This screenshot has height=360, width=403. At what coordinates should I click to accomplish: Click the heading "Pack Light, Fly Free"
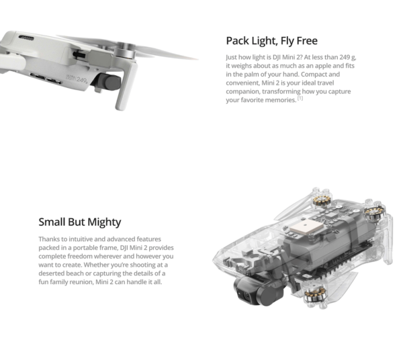tap(271, 40)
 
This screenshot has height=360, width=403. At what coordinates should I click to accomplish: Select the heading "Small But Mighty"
tap(80, 222)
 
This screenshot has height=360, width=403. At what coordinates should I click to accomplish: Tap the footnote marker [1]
tap(300, 98)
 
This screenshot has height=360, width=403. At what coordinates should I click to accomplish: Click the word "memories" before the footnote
tap(279, 100)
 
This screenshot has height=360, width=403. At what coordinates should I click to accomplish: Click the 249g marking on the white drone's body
tap(79, 79)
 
